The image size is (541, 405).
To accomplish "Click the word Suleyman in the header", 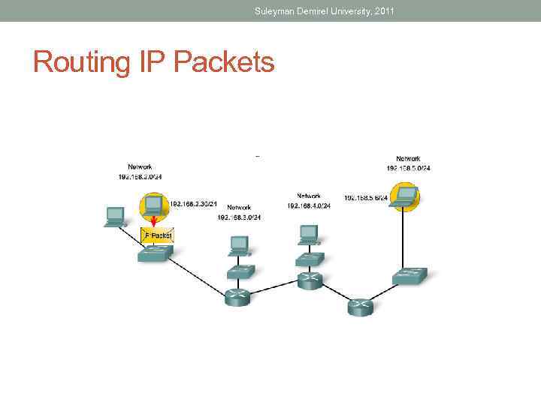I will pyautogui.click(x=274, y=10).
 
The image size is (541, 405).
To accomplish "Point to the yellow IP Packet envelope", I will pyautogui.click(x=157, y=235).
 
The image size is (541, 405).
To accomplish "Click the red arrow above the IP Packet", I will pyautogui.click(x=153, y=221).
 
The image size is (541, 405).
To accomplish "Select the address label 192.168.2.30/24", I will pyautogui.click(x=193, y=203).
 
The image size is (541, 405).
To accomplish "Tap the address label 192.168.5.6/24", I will pyautogui.click(x=366, y=198).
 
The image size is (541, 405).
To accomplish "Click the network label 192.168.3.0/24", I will pyautogui.click(x=239, y=217).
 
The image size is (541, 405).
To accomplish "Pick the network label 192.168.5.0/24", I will pyautogui.click(x=409, y=168).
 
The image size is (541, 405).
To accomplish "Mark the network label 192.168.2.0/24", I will pyautogui.click(x=139, y=176).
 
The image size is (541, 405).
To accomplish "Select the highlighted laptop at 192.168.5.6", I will pyautogui.click(x=404, y=196).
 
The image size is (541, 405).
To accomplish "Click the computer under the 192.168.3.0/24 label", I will pyautogui.click(x=238, y=244).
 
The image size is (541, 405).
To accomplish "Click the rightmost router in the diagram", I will pyautogui.click(x=359, y=306).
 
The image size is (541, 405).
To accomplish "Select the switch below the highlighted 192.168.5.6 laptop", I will pyautogui.click(x=410, y=275).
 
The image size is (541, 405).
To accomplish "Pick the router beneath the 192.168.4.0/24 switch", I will pyautogui.click(x=309, y=280).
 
